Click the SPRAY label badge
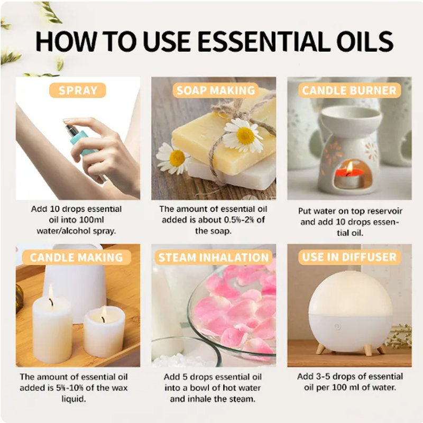(77, 90)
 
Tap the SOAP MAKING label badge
(216, 90)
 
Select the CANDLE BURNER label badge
(350, 90)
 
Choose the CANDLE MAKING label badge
(77, 258)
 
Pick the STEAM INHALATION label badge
(214, 258)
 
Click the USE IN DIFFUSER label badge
(350, 257)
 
